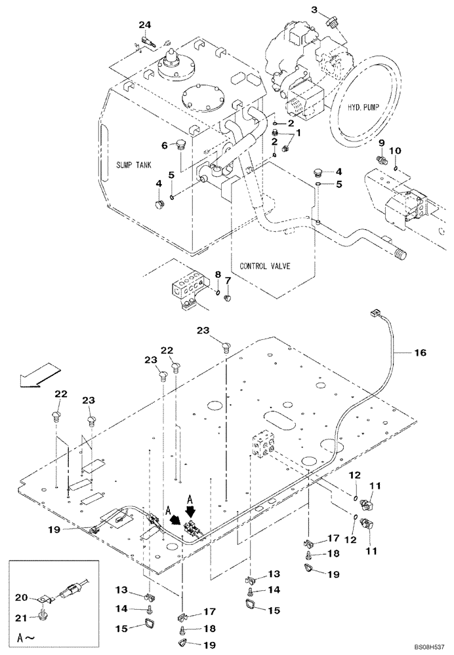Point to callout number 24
point(144,25)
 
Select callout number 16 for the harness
point(419,352)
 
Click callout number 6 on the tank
point(166,145)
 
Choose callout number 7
point(228,281)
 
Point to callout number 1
point(298,132)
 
